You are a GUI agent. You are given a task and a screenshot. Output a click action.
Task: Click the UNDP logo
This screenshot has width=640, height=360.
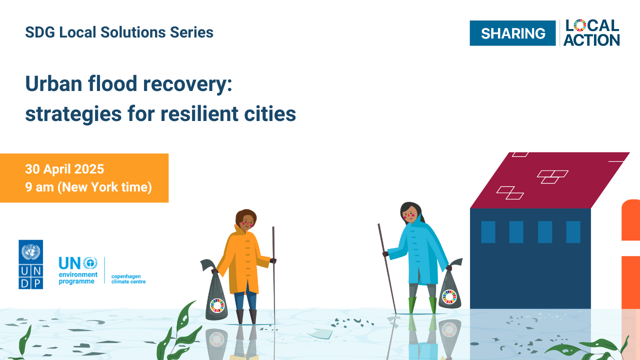coord(31,264)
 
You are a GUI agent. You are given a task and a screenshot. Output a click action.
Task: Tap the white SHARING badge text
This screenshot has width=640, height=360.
coord(513,33)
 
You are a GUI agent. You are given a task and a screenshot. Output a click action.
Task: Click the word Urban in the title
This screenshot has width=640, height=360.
coord(53,83)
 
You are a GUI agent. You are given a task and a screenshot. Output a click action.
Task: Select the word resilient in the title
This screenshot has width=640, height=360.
coord(199,113)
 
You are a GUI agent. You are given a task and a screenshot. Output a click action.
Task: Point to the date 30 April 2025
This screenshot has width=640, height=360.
coord(64,169)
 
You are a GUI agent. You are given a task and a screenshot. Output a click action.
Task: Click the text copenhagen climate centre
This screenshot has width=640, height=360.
coord(128,279)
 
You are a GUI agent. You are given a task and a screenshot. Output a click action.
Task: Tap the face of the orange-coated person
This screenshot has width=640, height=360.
coord(247,221)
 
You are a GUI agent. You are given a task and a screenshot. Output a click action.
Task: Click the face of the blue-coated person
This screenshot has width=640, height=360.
coord(409,213)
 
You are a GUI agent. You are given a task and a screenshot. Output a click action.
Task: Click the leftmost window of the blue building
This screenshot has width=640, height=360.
coord(488,232)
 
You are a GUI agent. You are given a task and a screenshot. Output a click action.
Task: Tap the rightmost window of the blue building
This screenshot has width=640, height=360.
coord(573,232)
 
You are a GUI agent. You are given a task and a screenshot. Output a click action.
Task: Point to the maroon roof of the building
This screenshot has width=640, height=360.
coord(550,180)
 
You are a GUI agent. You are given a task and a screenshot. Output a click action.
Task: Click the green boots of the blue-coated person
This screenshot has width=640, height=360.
coord(422,305)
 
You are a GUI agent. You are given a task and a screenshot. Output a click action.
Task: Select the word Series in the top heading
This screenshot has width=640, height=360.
coord(191,32)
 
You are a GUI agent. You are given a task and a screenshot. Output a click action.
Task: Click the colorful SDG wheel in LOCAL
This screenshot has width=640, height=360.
coord(580,25)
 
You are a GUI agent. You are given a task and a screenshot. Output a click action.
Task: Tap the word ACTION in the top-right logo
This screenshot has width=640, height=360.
coord(591,40)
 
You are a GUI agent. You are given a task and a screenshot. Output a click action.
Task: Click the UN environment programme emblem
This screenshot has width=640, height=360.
coord(90,263)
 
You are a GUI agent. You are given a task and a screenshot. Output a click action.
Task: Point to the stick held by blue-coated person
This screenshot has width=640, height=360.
coord(387,268)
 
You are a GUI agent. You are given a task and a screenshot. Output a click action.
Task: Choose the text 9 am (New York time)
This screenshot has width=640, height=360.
coord(88,187)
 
